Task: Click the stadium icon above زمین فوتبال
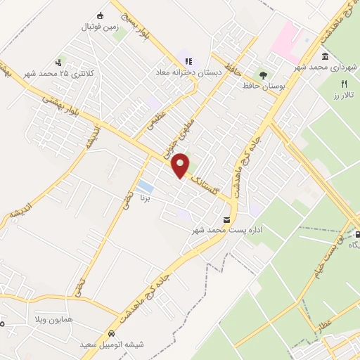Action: pyautogui.click(x=101, y=16)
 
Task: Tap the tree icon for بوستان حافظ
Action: pyautogui.click(x=263, y=74)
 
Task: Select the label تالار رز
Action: pyautogui.click(x=345, y=94)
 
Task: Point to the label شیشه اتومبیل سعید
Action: pyautogui.click(x=112, y=344)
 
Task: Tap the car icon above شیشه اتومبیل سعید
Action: pyautogui.click(x=111, y=333)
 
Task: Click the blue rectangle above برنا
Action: pyautogui.click(x=146, y=186)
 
